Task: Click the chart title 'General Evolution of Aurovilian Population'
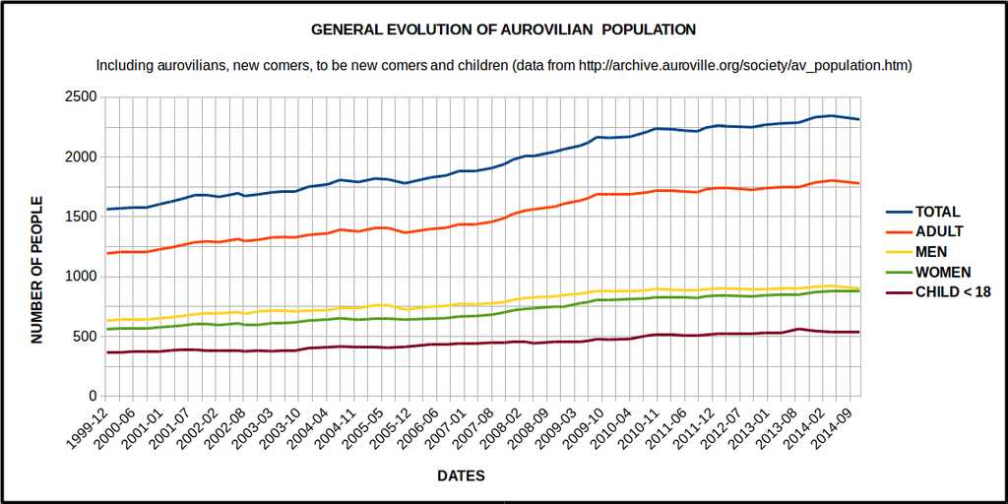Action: pyautogui.click(x=503, y=30)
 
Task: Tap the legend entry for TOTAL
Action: pyautogui.click(x=937, y=212)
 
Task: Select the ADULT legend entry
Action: pyautogui.click(x=939, y=232)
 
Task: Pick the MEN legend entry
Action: pyautogui.click(x=932, y=252)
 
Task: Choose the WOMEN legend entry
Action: pyautogui.click(x=943, y=272)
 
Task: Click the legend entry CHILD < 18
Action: pyautogui.click(x=953, y=291)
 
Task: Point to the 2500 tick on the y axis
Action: pyautogui.click(x=83, y=97)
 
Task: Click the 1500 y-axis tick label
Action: pyautogui.click(x=83, y=217)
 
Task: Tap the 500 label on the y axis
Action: pyautogui.click(x=87, y=337)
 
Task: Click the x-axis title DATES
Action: pyautogui.click(x=461, y=475)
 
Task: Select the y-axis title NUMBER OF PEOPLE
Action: pyautogui.click(x=37, y=270)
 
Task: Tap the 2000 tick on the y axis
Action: pyautogui.click(x=83, y=157)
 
